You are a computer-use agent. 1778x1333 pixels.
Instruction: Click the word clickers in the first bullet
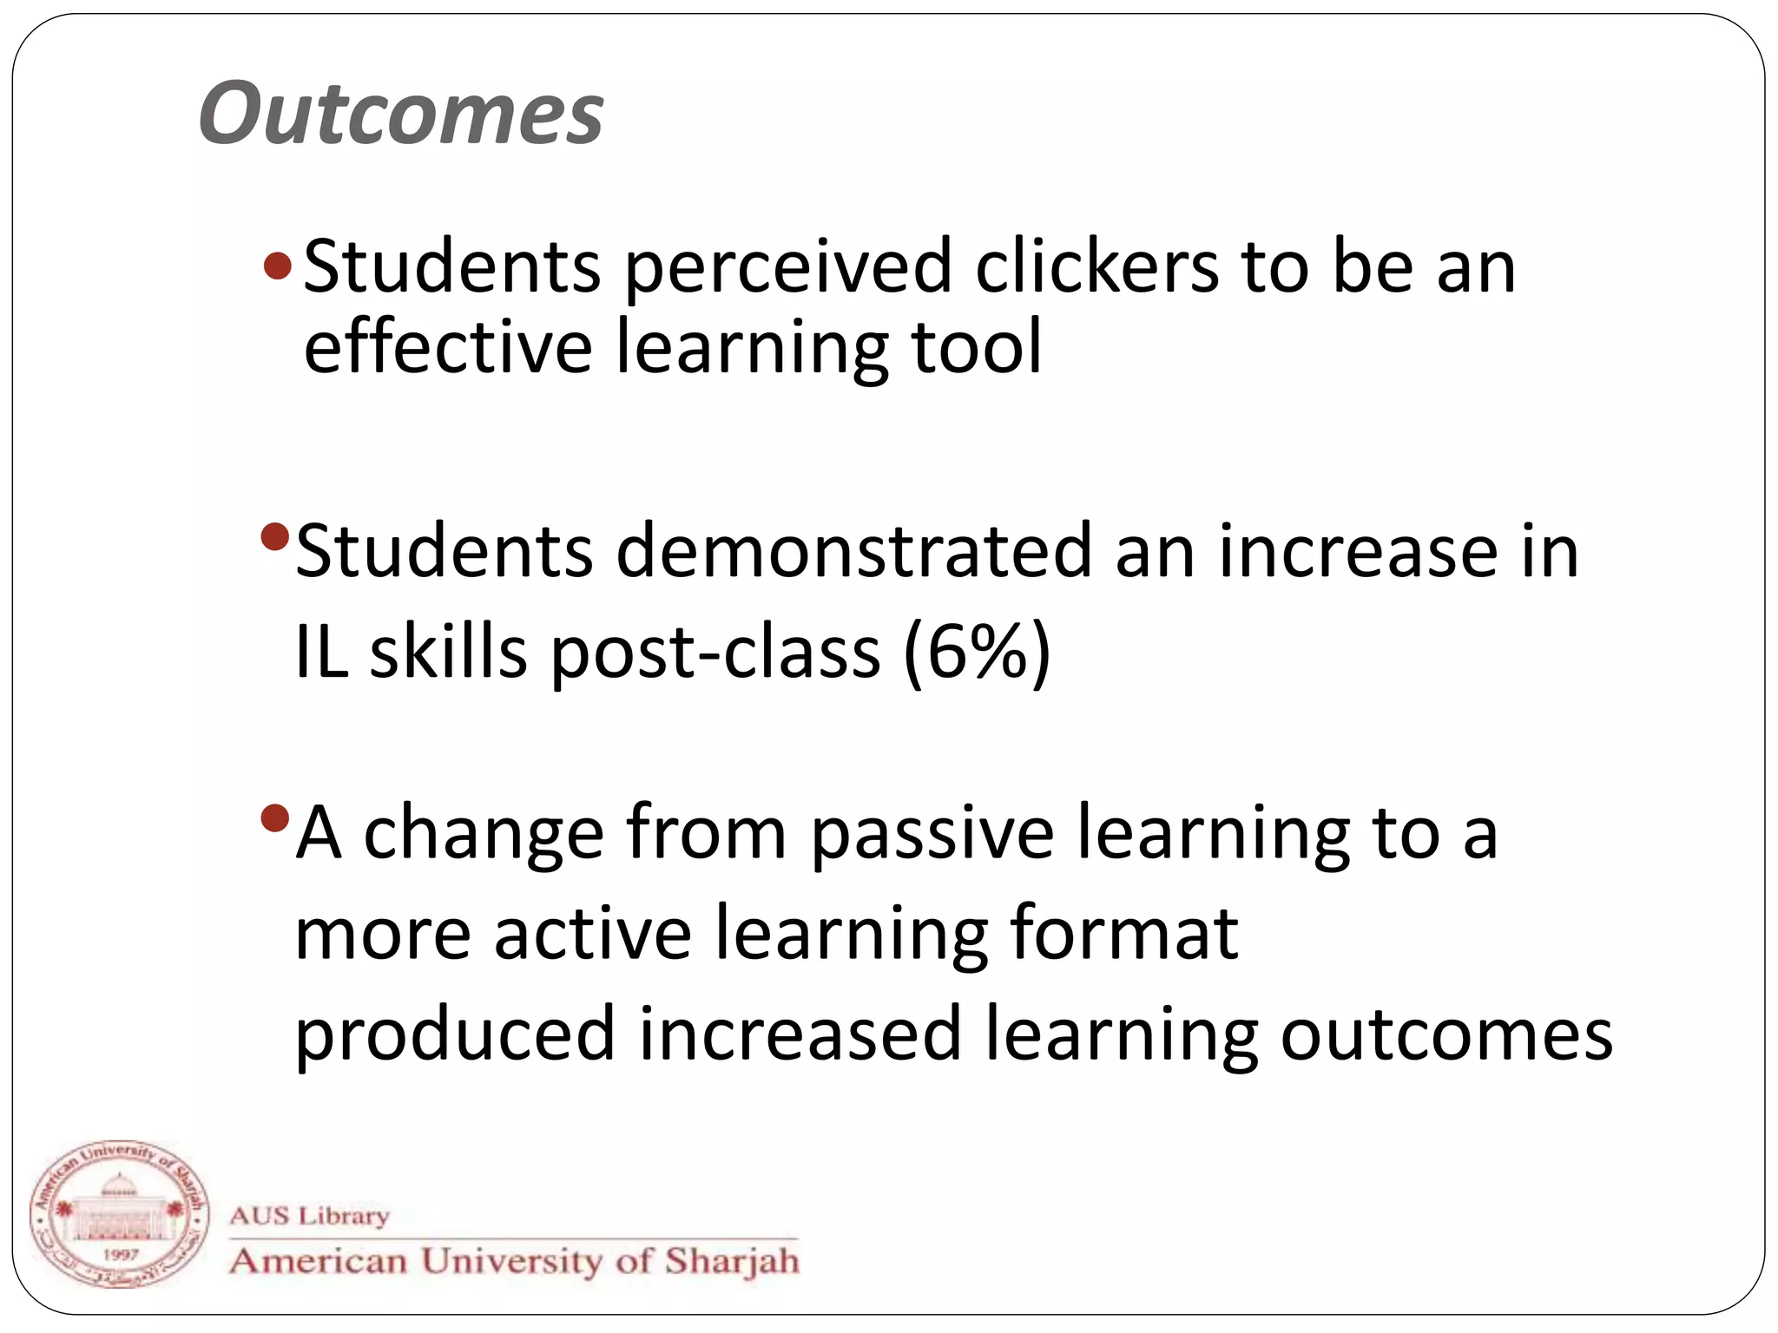[x=1096, y=266]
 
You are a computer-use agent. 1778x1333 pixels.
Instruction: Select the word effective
[x=448, y=346]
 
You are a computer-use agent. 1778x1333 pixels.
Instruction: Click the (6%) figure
[x=977, y=652]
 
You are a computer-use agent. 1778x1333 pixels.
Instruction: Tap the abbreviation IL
[x=322, y=652]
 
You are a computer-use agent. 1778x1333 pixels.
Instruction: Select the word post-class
[x=715, y=653]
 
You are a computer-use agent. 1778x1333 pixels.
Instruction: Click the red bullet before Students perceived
[x=278, y=266]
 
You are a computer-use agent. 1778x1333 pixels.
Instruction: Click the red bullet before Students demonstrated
[x=274, y=536]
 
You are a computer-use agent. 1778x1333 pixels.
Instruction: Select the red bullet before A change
[x=274, y=818]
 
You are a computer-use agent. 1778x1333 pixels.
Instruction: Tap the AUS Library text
[x=309, y=1215]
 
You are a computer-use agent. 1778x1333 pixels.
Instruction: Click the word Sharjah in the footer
[x=732, y=1261]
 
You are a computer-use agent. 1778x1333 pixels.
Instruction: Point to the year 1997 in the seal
[x=120, y=1254]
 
